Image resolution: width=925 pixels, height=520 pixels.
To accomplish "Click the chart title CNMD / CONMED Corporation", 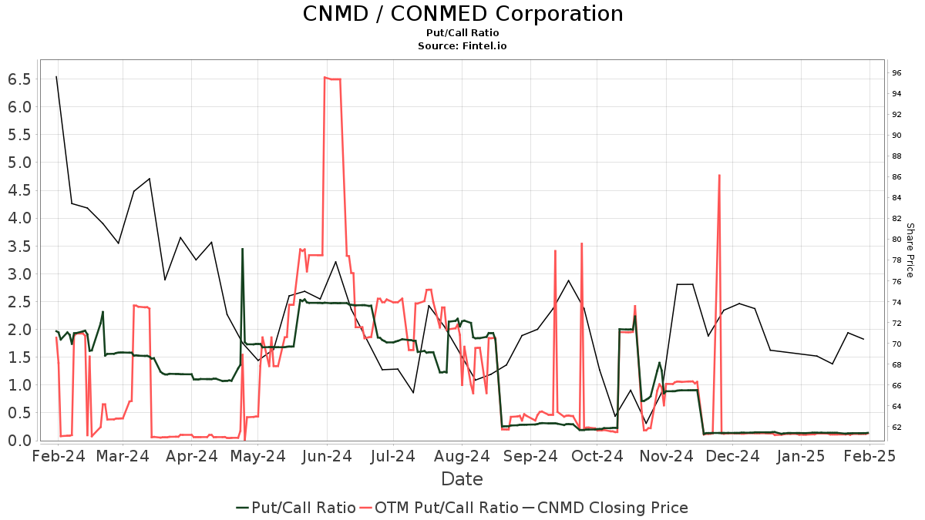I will (x=462, y=14).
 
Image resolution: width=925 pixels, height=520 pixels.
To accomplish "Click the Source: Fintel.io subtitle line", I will (x=462, y=46).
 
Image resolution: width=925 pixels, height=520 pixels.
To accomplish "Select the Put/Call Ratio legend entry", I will (x=296, y=508).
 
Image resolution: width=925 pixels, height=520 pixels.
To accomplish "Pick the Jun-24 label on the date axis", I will (x=327, y=456).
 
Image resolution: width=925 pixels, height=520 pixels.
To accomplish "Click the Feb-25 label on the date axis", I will (x=869, y=456).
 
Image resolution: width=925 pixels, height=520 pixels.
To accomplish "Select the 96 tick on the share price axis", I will (x=897, y=73).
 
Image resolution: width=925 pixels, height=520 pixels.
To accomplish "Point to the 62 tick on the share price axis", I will (x=897, y=427).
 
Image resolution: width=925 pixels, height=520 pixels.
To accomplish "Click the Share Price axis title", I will (x=910, y=250).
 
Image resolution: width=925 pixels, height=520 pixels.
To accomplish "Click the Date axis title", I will (x=462, y=479).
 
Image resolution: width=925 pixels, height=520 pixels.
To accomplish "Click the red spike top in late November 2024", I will (x=719, y=175).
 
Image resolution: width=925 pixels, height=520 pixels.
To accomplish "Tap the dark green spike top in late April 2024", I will (x=243, y=249).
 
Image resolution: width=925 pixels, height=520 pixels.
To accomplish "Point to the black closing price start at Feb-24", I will (x=56, y=76).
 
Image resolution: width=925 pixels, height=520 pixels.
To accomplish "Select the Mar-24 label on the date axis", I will (x=123, y=456).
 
